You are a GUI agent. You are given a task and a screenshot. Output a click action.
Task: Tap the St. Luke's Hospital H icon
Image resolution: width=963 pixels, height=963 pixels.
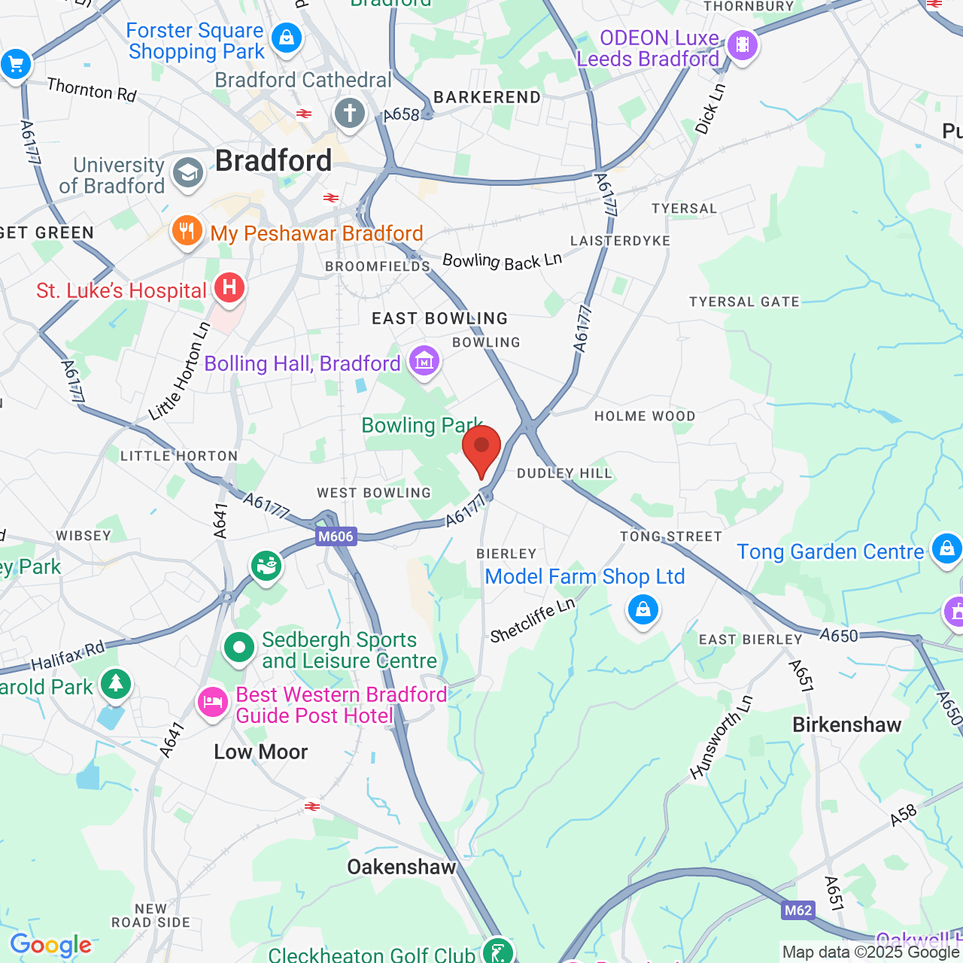pos(229,287)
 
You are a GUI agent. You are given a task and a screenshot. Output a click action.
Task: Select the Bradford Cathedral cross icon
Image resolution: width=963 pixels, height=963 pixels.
pos(349,114)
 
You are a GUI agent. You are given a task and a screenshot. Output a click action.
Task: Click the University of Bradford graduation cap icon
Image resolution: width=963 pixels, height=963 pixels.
pos(187,172)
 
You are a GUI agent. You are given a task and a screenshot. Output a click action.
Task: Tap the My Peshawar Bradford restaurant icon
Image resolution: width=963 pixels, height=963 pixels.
pos(187,231)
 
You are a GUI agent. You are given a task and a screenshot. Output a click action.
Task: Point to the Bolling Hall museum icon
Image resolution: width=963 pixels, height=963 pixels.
pos(424,362)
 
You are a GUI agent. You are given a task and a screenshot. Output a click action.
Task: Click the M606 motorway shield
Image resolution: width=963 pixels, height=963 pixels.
pos(336,536)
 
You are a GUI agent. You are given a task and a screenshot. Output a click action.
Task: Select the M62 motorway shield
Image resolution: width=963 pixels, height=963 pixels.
pos(798,910)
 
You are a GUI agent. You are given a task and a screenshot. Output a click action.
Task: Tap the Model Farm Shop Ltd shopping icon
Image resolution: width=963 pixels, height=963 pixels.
pos(643,609)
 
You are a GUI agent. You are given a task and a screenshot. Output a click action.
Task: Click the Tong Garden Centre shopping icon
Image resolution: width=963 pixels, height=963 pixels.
pos(946,548)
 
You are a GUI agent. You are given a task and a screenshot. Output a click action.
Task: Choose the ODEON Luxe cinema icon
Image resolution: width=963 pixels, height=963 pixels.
pos(743,45)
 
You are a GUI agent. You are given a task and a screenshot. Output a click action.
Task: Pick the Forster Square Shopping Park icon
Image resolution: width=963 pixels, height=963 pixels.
pos(286,37)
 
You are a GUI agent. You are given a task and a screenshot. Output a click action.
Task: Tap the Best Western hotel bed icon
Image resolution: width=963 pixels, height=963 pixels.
pos(212,703)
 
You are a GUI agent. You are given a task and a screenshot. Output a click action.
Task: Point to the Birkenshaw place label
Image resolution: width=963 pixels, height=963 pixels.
pos(847,725)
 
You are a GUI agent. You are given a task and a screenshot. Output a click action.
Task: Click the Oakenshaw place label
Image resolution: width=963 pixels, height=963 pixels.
pos(402,867)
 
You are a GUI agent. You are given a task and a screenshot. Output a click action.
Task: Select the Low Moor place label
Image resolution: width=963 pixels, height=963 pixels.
pos(261,752)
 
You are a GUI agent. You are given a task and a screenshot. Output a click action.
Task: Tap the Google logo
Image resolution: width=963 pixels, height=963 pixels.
pos(50,945)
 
